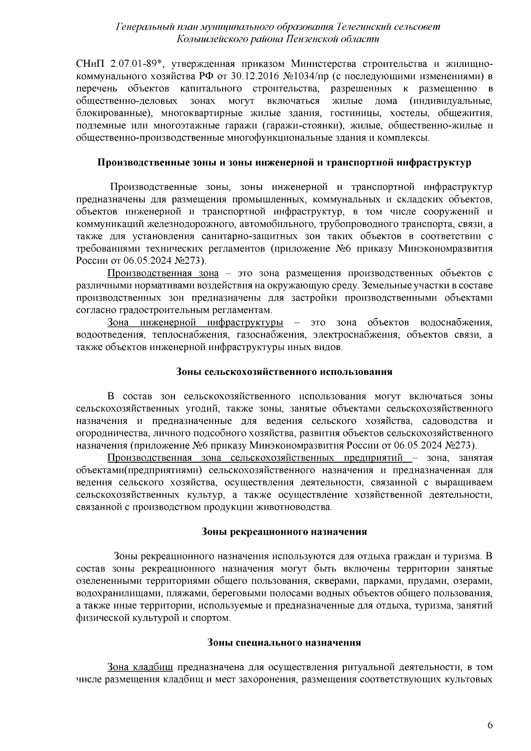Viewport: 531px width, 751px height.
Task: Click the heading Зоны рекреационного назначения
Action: (x=284, y=531)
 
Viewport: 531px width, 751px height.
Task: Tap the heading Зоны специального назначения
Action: (x=284, y=642)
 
